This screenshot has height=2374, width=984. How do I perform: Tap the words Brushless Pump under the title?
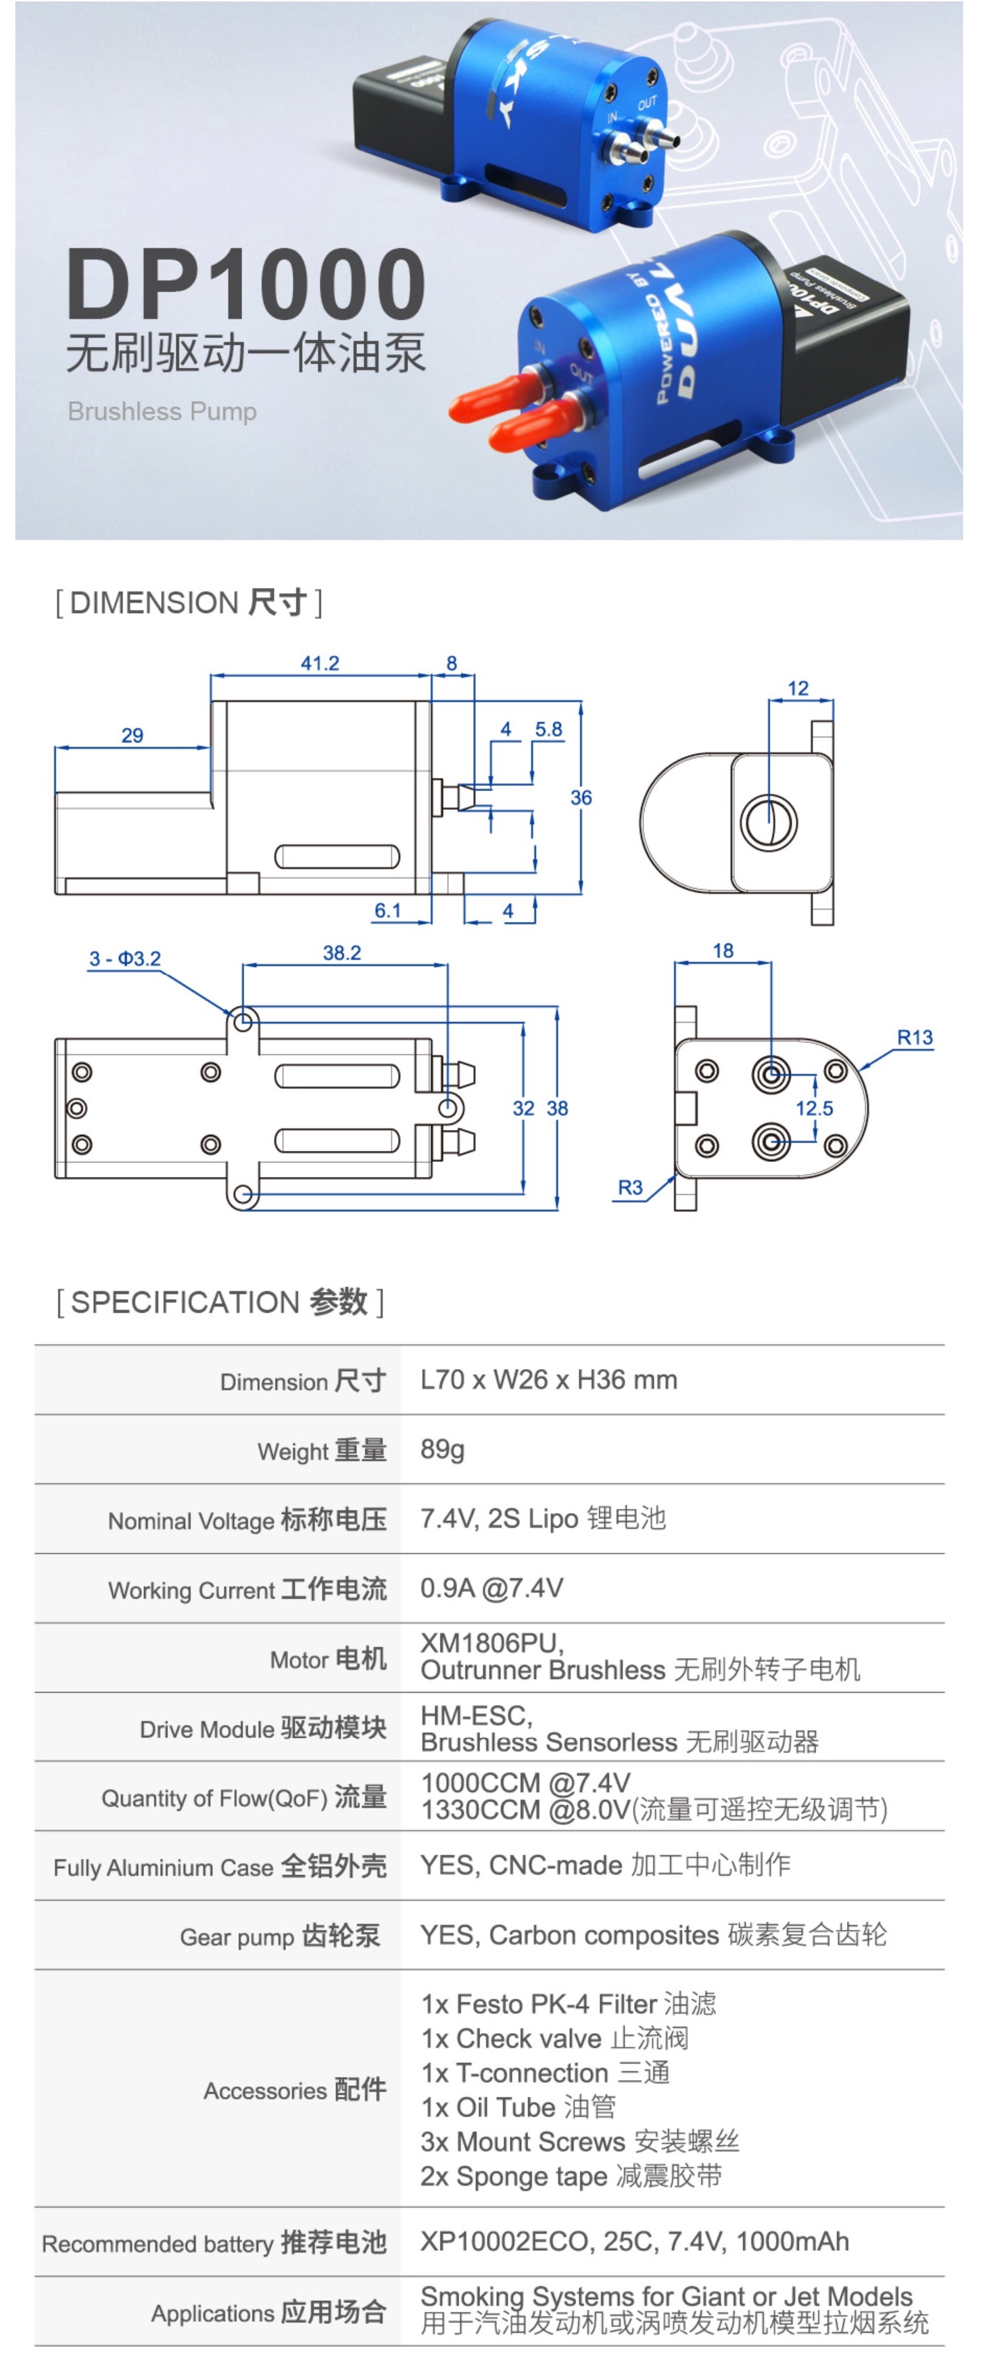tap(162, 411)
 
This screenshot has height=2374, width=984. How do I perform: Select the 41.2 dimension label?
tap(319, 664)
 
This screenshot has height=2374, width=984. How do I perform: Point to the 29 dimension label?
tap(133, 735)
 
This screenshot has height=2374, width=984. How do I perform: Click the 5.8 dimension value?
tap(548, 729)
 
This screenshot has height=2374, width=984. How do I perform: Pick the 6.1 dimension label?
tap(388, 911)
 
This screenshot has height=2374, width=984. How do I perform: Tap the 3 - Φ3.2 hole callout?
tap(125, 959)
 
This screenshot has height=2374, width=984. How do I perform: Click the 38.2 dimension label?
tap(342, 953)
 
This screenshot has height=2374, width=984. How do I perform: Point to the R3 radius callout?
tap(630, 1187)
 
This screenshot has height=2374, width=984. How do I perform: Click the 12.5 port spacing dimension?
tap(814, 1108)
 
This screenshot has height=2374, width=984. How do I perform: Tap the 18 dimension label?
tap(723, 950)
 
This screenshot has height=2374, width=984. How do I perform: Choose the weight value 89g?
tap(443, 1449)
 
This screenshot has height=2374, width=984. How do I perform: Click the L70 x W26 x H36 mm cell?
tap(548, 1380)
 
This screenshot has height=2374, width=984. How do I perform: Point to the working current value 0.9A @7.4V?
tap(492, 1588)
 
